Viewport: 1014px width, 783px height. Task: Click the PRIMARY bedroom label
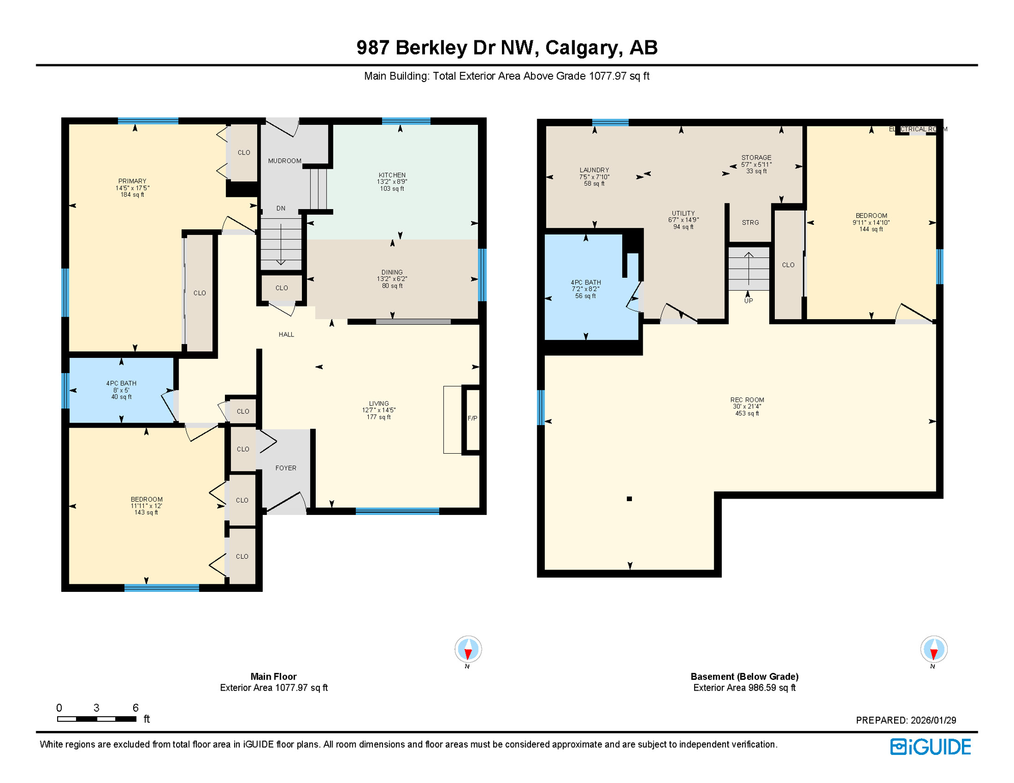pos(132,181)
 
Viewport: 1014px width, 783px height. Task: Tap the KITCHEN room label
pos(392,175)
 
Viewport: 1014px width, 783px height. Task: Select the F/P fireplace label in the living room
pos(472,419)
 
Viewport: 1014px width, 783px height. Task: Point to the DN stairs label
pos(281,208)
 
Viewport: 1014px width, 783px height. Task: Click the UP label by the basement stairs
pos(748,301)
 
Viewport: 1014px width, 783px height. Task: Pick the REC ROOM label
pos(747,400)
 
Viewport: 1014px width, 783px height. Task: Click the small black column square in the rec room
pos(629,499)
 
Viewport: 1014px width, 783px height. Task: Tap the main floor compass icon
pos(468,649)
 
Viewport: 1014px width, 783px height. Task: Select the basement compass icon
pos(933,649)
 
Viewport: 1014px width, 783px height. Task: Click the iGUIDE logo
pos(930,747)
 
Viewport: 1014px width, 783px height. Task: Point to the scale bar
pos(96,719)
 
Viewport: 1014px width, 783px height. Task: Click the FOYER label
pos(286,468)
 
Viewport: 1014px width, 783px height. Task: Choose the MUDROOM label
pos(285,161)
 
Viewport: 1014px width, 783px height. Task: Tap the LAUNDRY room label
pos(594,170)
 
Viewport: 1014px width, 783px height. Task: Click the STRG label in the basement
pos(750,223)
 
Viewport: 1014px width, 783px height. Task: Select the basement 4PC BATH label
pos(586,282)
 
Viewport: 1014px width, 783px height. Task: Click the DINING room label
pos(392,272)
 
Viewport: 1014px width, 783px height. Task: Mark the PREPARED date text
pos(905,720)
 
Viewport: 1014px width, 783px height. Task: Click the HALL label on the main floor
pos(286,335)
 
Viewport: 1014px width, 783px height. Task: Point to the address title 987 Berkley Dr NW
pos(506,47)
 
